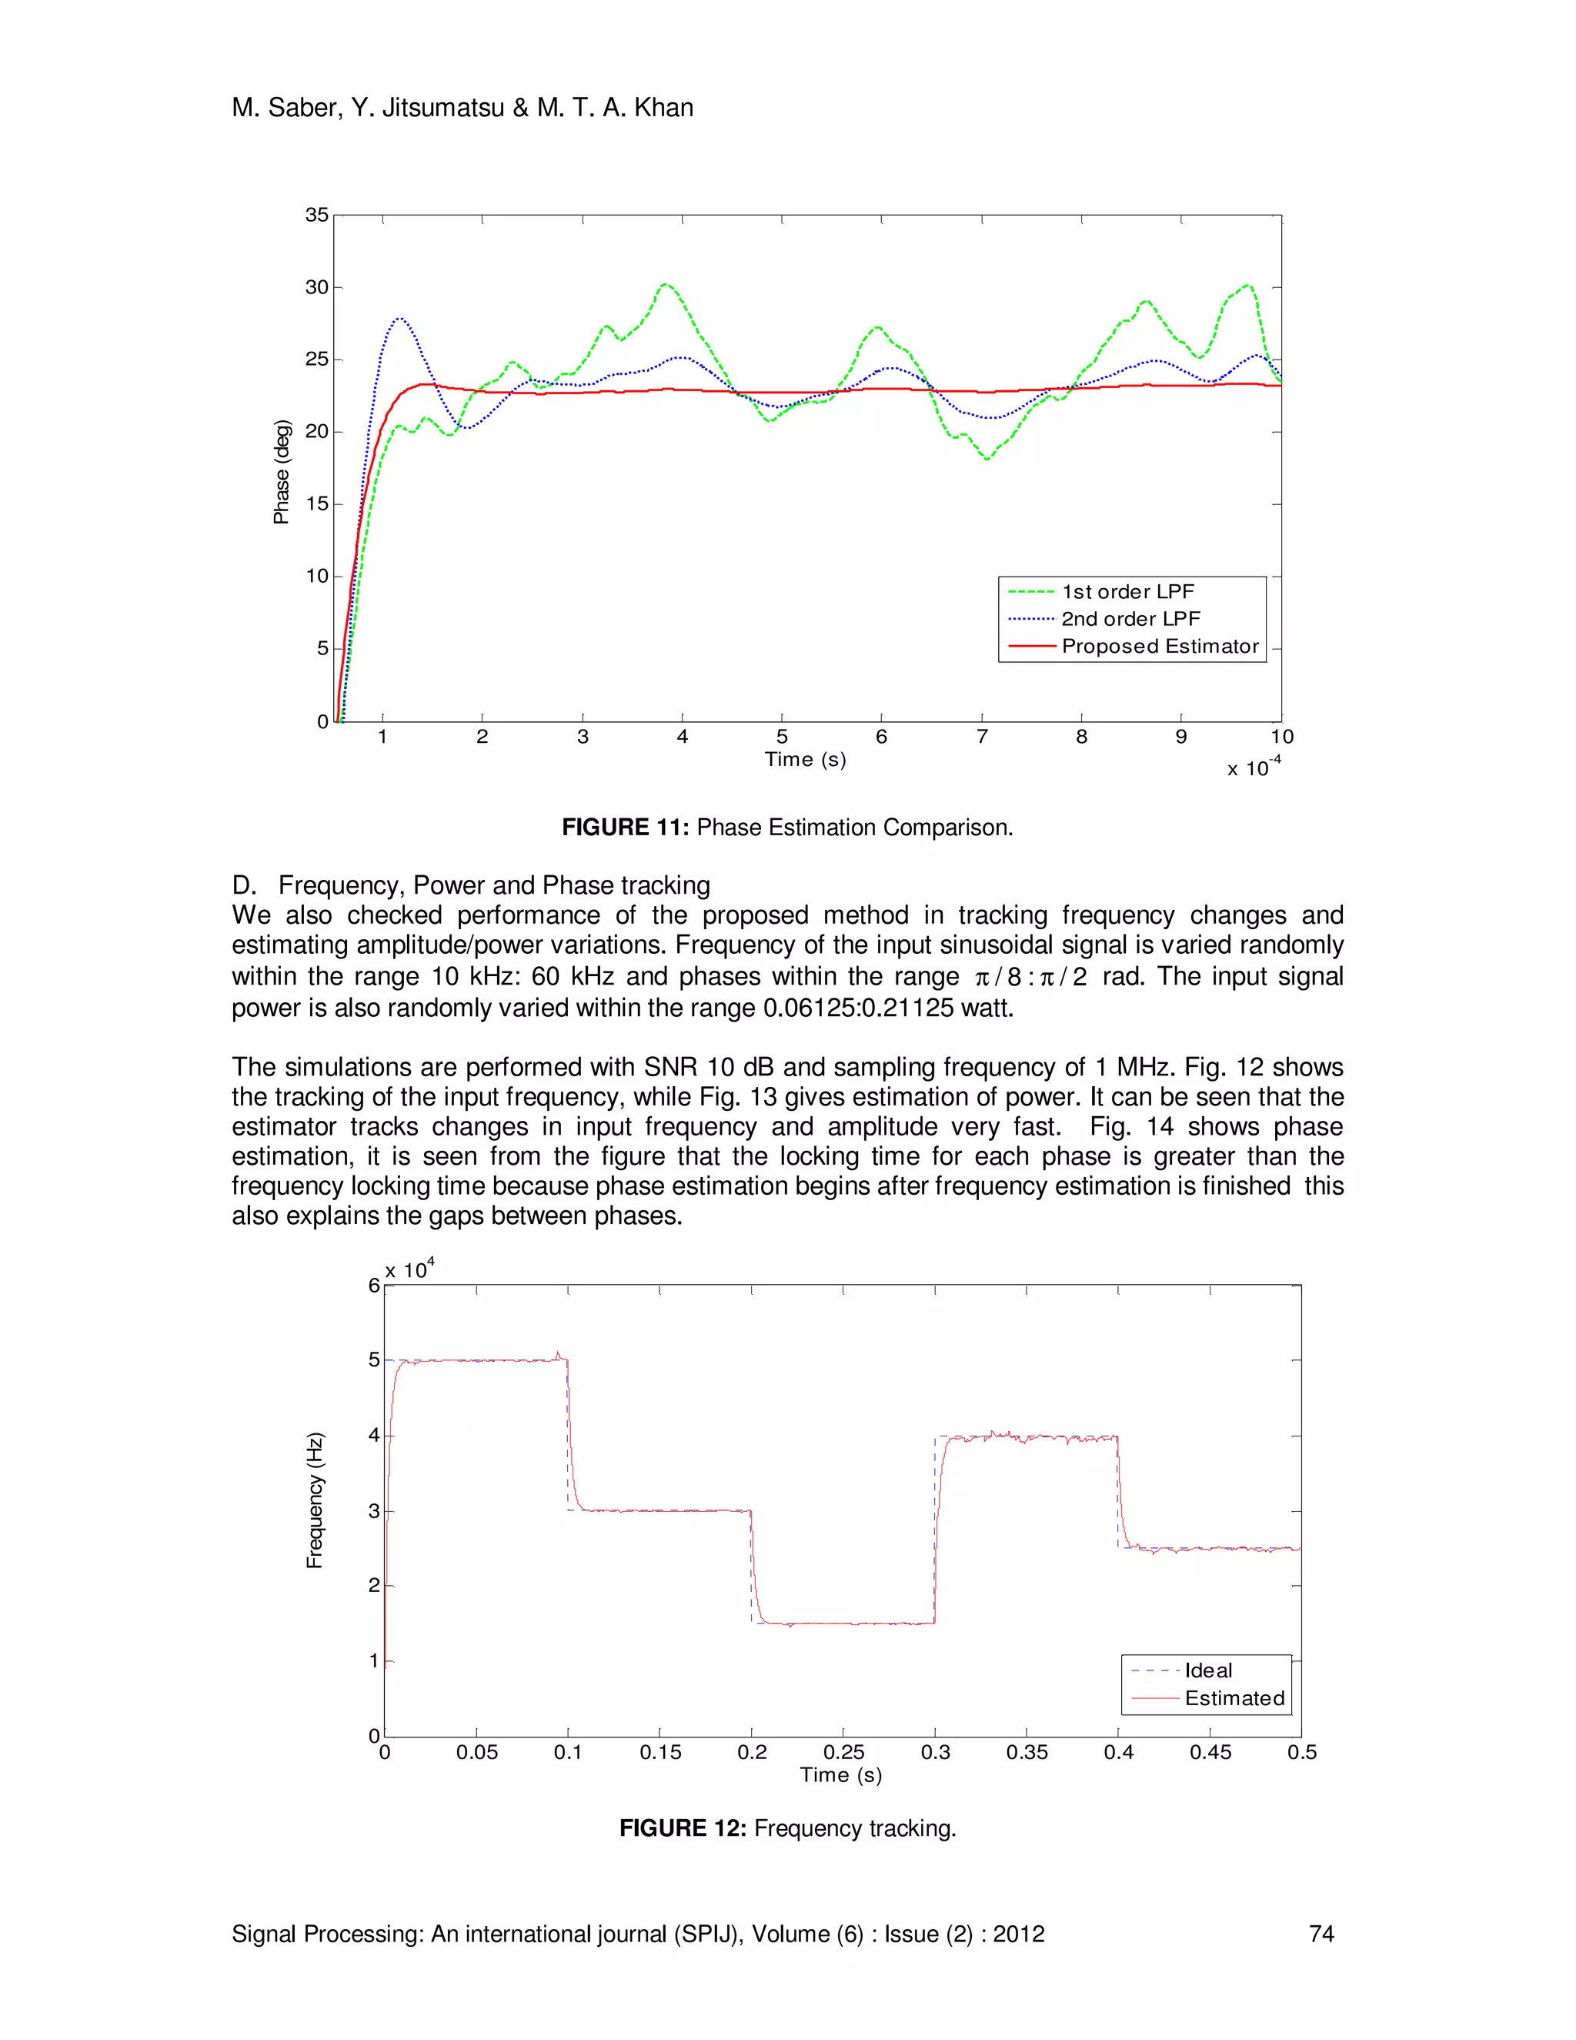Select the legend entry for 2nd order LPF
(x=1130, y=619)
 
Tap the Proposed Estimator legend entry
(x=1160, y=647)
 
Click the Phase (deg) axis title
(x=281, y=472)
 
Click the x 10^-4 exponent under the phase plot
(x=1253, y=767)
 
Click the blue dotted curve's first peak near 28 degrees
(x=399, y=319)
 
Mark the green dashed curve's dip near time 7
(x=987, y=459)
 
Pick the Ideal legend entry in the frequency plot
(x=1207, y=1670)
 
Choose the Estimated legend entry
(x=1234, y=1698)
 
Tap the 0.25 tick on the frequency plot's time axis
(x=843, y=1752)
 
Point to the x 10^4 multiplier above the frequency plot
(x=409, y=1270)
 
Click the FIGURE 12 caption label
(x=683, y=1828)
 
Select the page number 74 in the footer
(x=1321, y=1934)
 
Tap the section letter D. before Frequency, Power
(x=244, y=885)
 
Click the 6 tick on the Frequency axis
(x=373, y=1286)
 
